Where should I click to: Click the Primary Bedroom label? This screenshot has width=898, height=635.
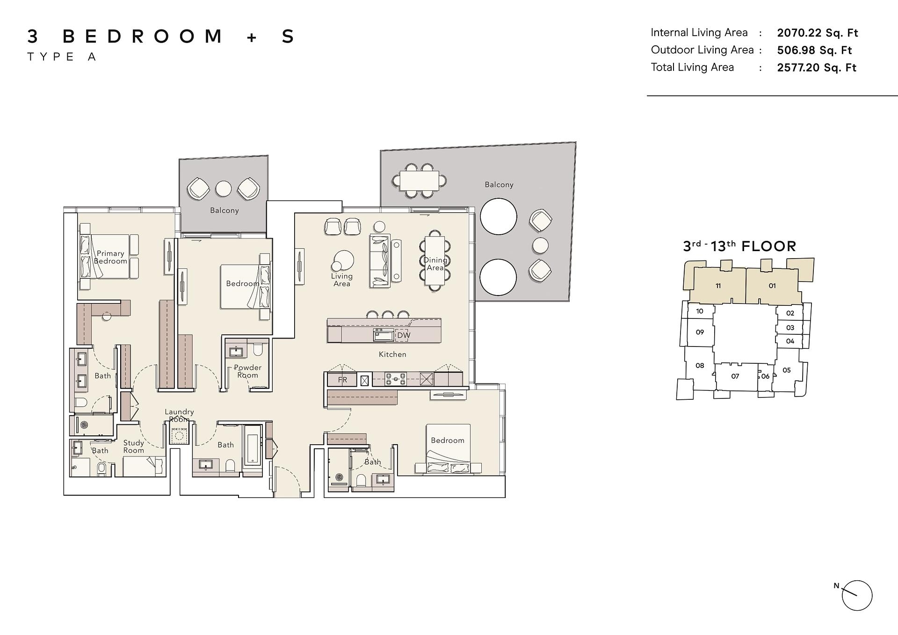pos(110,257)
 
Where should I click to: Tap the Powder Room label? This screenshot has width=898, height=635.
pos(247,371)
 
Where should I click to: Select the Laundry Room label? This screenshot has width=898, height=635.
pos(179,415)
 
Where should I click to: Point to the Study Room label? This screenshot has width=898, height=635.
pos(134,447)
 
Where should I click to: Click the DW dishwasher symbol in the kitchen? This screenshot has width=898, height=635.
pos(403,335)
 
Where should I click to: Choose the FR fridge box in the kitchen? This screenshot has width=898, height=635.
pos(342,380)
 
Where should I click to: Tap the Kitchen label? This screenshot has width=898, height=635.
pos(392,354)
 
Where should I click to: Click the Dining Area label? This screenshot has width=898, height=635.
pos(435,264)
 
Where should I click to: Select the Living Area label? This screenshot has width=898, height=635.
pos(342,280)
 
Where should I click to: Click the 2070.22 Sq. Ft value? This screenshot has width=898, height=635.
pos(818,33)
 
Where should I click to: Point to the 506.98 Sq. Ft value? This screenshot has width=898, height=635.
pos(815,50)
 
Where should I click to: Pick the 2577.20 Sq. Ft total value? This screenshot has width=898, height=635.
pos(817,67)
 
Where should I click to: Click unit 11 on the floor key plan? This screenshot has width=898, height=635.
pos(718,286)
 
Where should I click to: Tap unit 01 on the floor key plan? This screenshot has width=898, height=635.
pos(772,286)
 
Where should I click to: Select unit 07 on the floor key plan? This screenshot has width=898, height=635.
pos(735,376)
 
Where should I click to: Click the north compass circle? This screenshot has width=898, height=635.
pos(857,596)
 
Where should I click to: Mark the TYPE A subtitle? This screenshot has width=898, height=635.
pos(62,57)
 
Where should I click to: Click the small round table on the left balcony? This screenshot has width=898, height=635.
pos(224,189)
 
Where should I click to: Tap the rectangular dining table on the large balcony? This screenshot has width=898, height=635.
pos(420,180)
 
